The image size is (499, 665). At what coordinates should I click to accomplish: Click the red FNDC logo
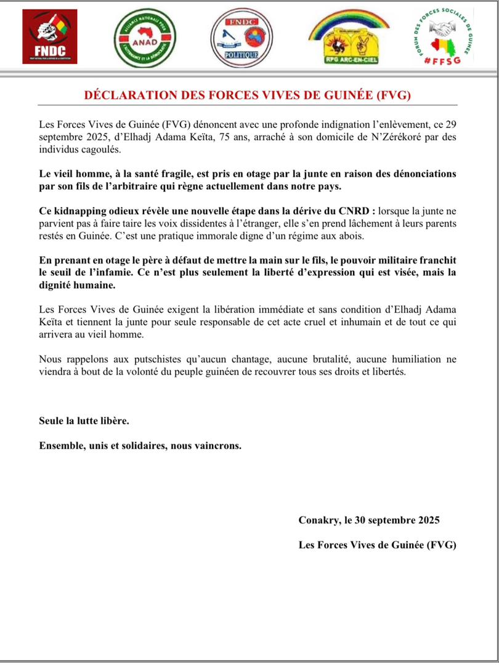50,36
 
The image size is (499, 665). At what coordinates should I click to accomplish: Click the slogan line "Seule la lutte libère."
84,422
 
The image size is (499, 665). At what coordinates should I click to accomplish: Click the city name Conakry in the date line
320,520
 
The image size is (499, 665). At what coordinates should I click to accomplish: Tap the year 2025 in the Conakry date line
424,520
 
